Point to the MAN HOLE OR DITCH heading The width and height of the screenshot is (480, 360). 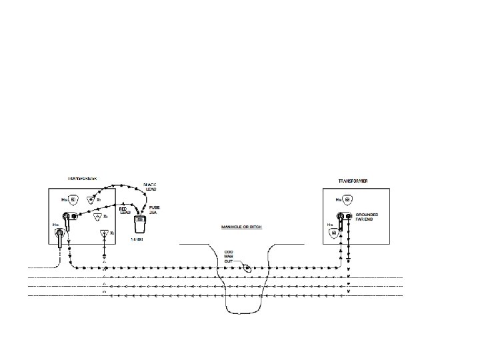tap(241, 227)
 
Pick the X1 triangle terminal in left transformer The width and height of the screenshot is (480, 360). tap(90, 199)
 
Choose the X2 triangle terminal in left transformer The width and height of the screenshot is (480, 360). tap(97, 217)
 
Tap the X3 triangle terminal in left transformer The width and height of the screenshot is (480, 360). tap(104, 233)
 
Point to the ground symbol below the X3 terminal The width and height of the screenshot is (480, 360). tap(104, 255)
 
